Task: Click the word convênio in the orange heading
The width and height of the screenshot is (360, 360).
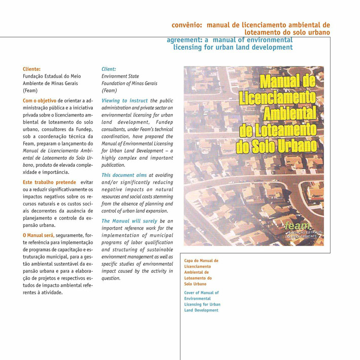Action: click(x=187, y=24)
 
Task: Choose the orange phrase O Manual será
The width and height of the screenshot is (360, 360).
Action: click(x=38, y=235)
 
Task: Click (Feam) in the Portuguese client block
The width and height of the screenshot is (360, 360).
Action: click(x=31, y=90)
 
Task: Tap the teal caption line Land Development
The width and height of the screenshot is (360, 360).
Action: click(x=202, y=310)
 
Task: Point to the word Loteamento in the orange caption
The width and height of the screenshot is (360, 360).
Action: click(x=198, y=278)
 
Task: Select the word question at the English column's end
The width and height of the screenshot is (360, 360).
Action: click(x=111, y=278)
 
